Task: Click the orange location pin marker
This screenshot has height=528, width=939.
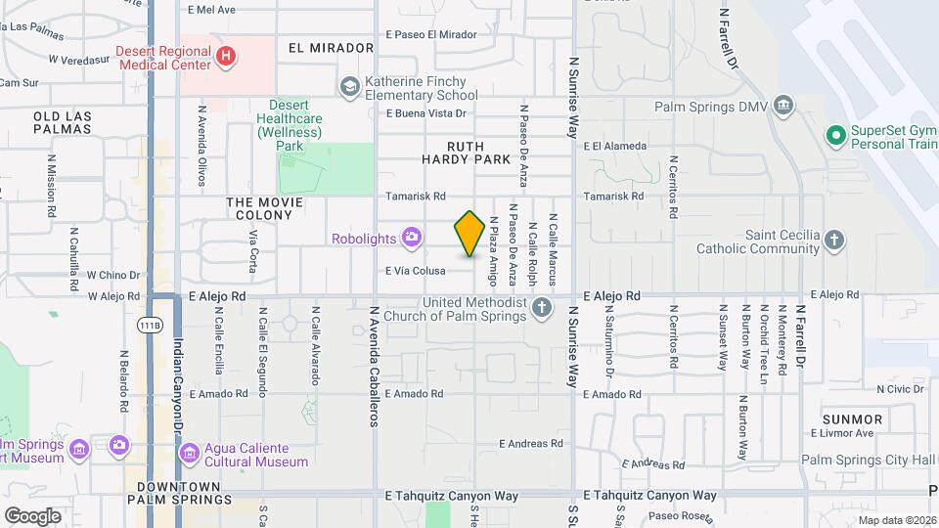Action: click(x=469, y=234)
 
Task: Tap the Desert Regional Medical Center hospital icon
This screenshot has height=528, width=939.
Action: click(x=226, y=57)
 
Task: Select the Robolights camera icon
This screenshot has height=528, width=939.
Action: click(x=412, y=237)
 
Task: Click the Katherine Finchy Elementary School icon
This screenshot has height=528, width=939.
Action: click(x=349, y=88)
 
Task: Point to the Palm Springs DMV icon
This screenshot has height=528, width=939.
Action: click(x=782, y=105)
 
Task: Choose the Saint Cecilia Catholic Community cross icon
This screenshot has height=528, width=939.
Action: click(x=833, y=240)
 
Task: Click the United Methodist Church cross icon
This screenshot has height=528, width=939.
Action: click(x=543, y=309)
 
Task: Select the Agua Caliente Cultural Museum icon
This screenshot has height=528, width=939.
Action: click(x=189, y=454)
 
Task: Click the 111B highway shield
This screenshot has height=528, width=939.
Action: click(x=149, y=325)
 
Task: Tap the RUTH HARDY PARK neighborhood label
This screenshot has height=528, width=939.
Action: click(x=466, y=152)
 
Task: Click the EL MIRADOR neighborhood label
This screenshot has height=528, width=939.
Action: click(x=332, y=48)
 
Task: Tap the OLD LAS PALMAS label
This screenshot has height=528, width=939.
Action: click(x=63, y=122)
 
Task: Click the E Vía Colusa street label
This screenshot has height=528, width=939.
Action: click(x=416, y=271)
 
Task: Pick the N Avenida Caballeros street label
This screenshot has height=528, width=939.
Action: click(x=374, y=367)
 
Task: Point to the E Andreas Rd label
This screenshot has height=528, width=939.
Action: click(x=531, y=443)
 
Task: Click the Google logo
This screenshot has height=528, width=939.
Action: click(x=32, y=515)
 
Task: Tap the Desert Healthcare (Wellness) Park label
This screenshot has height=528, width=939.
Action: click(x=290, y=125)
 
